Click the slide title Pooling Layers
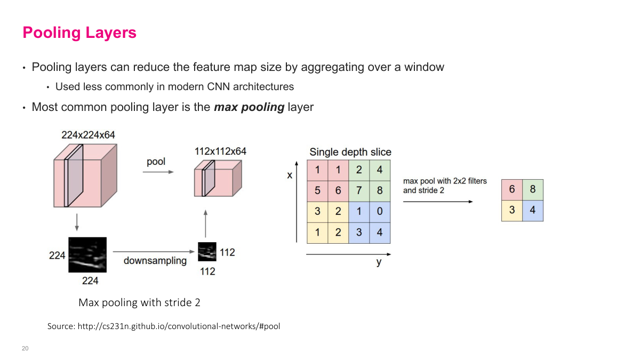point(79,33)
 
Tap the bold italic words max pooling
point(249,107)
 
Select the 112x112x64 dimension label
point(220,151)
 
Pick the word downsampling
point(155,261)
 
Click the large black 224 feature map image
point(87,255)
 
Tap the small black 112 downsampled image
point(207,252)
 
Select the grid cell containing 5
point(317,191)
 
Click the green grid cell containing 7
point(359,191)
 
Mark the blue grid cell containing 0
point(380,211)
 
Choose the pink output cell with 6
point(512,190)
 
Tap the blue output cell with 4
point(532,210)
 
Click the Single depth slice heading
point(350,152)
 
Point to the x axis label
point(290,175)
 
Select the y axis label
point(379,262)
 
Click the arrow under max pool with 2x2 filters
point(437,202)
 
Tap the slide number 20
point(25,348)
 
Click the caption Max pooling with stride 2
point(139,302)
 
